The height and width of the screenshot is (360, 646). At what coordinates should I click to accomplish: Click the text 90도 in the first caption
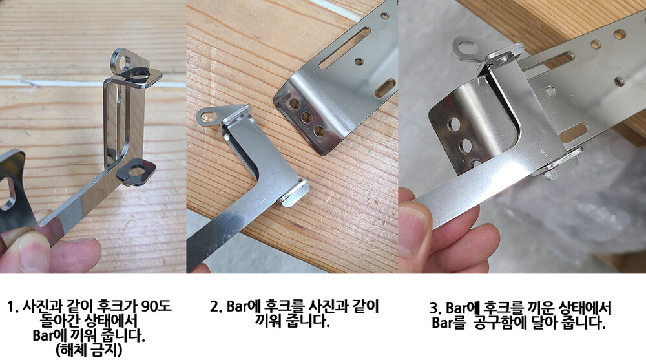pos(156,306)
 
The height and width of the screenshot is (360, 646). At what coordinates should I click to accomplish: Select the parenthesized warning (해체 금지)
pos(89,350)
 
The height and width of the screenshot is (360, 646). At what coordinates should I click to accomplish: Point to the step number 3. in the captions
pos(435,308)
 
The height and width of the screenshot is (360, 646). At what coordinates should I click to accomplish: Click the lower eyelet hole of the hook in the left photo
pos(136,171)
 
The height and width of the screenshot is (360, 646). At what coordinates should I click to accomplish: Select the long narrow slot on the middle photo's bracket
pos(344,48)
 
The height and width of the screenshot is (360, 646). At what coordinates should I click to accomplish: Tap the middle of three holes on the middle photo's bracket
pos(306,118)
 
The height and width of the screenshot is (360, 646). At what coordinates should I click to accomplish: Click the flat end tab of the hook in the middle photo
pos(295,193)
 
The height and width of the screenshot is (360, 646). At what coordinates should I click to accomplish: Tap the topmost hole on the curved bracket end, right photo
pos(454,123)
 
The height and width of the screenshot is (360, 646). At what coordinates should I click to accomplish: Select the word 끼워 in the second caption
pos(267,321)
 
